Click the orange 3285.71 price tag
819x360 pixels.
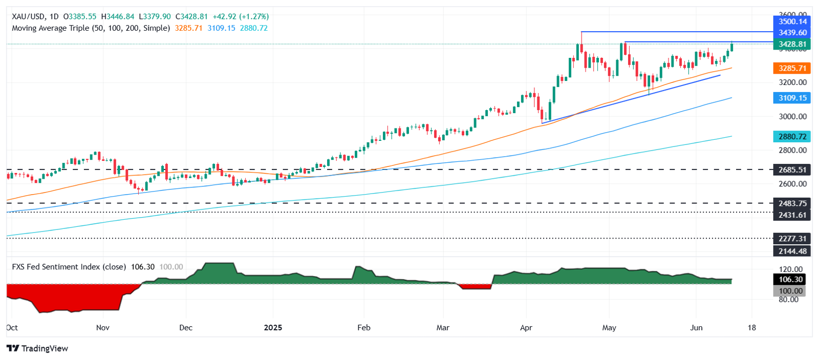[x=792, y=68]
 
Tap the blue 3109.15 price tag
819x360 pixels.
[x=792, y=98]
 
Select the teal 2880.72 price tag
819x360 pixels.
[x=792, y=137]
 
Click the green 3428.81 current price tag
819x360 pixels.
[x=792, y=45]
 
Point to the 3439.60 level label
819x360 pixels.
[x=792, y=33]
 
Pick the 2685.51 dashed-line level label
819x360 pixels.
[x=792, y=170]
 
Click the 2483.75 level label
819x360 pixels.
[x=792, y=203]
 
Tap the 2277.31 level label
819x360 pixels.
[x=792, y=239]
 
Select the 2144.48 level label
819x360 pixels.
[x=792, y=251]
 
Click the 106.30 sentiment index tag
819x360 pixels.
[x=790, y=280]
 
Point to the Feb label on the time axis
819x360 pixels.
[x=363, y=328]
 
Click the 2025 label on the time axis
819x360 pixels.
[x=273, y=328]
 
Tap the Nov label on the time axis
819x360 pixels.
[x=102, y=328]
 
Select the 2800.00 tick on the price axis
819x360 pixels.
[x=792, y=151]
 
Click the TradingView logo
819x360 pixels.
[x=37, y=349]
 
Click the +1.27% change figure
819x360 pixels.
[x=254, y=16]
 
